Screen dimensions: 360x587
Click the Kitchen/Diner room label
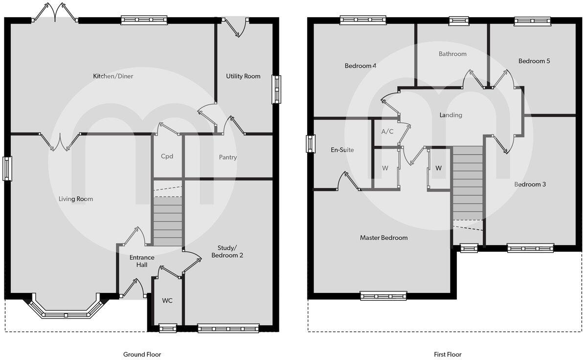point(113,76)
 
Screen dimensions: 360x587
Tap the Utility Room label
point(243,76)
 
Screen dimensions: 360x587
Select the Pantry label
point(228,157)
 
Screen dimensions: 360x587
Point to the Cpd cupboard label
point(167,157)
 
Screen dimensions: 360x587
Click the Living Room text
point(76,199)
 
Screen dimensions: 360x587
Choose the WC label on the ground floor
point(167,300)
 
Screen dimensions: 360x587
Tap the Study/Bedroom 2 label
point(226,251)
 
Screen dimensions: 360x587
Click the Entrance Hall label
point(142,261)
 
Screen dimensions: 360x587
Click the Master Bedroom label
point(384,238)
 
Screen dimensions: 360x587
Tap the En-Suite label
point(342,150)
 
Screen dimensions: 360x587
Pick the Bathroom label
point(452,54)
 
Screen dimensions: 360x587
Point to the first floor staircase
point(468,183)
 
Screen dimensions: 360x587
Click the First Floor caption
point(447,354)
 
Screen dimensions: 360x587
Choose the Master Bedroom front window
point(384,295)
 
